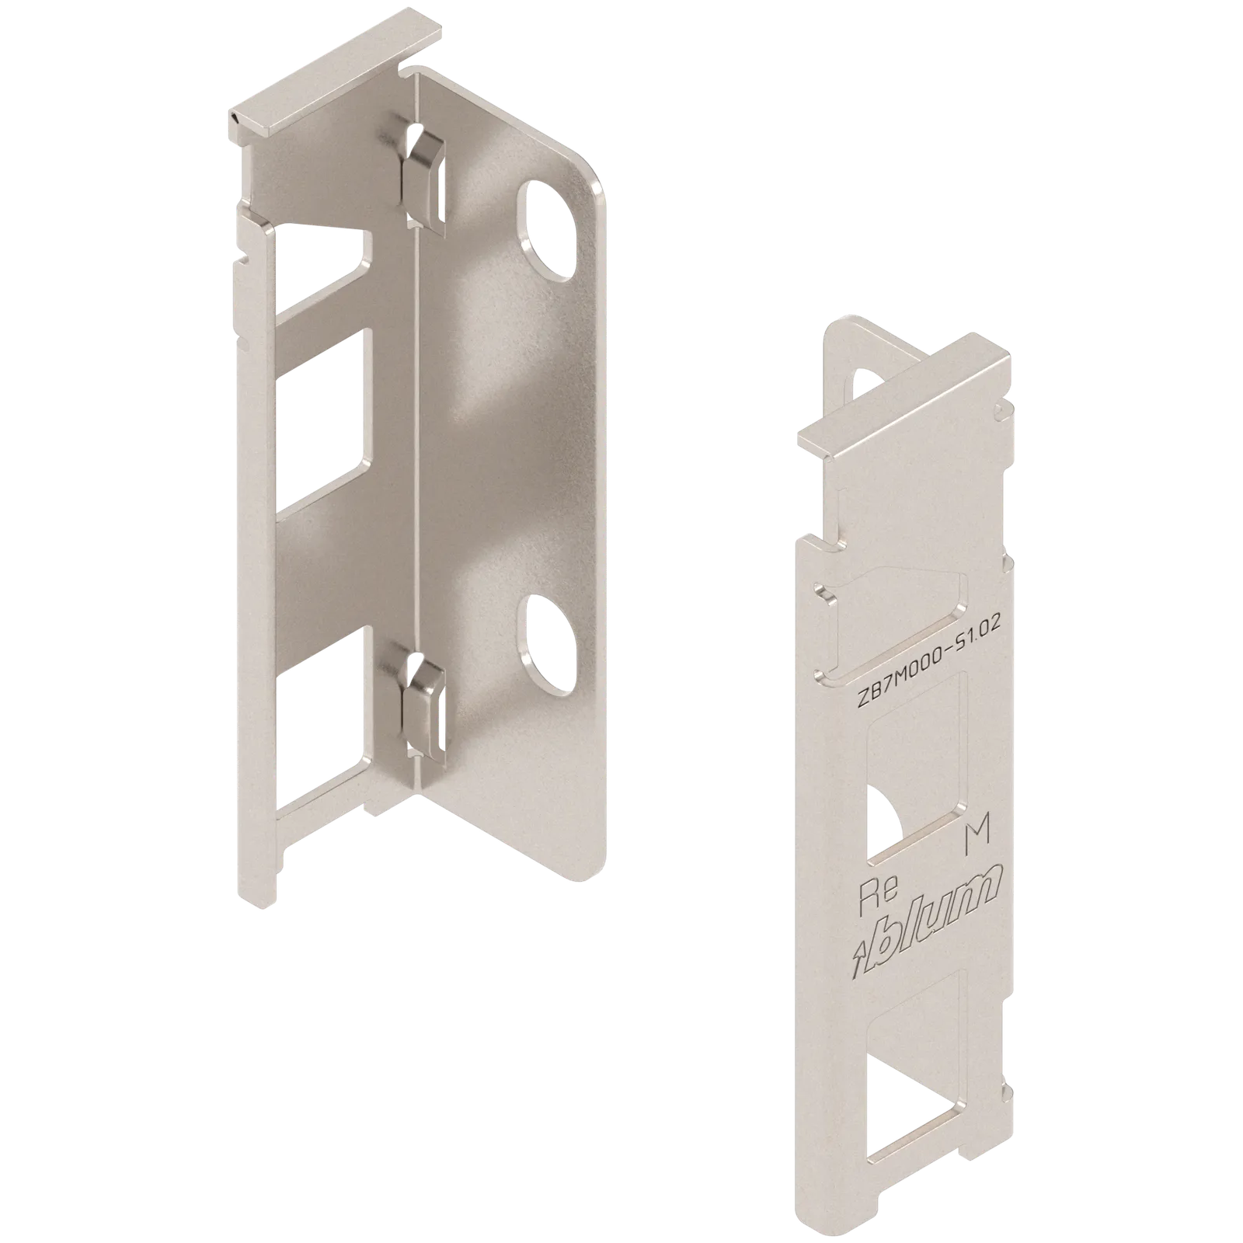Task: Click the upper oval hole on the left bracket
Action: click(x=549, y=229)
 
